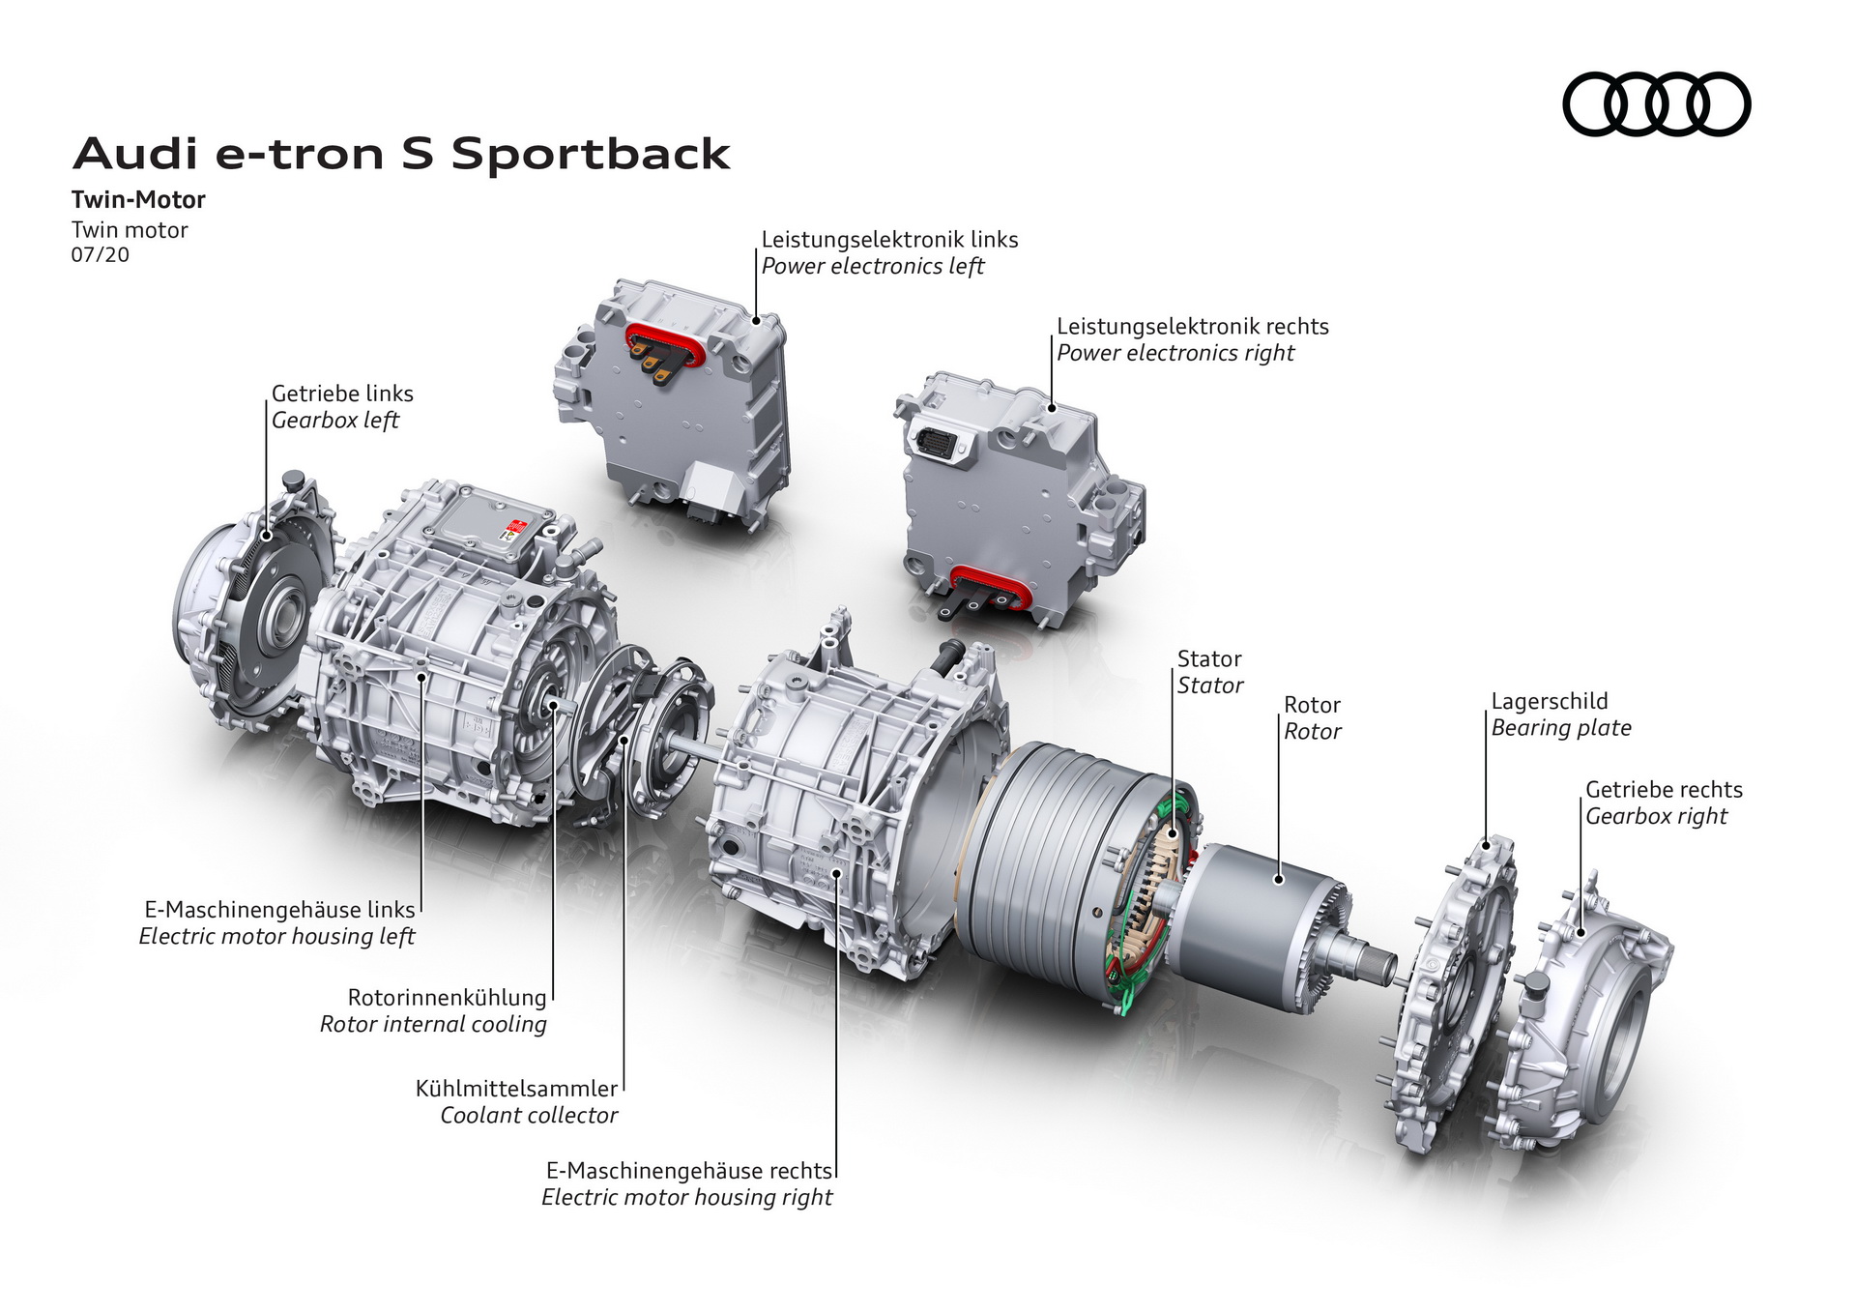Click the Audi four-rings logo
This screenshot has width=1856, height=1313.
click(x=1656, y=104)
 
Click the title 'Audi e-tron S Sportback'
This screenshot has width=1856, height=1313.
click(x=401, y=155)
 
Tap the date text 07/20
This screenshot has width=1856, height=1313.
click(x=100, y=255)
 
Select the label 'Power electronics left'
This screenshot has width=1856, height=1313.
click(x=872, y=267)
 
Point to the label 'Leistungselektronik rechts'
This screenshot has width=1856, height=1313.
click(x=1192, y=327)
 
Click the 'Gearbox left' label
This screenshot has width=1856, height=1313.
click(x=334, y=421)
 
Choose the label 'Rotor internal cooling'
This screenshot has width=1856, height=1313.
click(x=433, y=1025)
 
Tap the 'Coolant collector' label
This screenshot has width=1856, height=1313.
click(x=529, y=1116)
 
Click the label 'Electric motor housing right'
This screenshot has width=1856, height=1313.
click(x=686, y=1198)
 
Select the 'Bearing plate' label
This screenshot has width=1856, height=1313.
click(x=1560, y=728)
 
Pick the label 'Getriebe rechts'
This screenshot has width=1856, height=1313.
click(x=1663, y=790)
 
